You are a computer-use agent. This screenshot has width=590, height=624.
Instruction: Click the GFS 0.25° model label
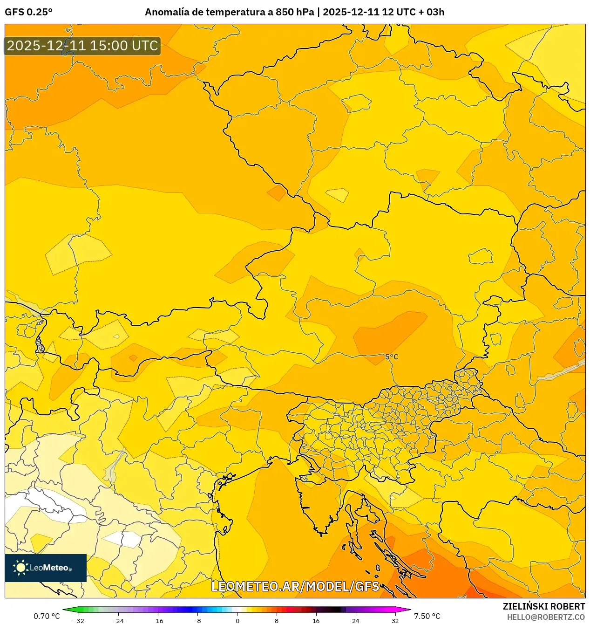tap(28, 12)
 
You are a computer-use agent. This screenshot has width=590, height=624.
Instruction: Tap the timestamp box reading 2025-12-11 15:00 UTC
tap(82, 46)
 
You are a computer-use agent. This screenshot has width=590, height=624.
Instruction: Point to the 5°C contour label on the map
tap(392, 357)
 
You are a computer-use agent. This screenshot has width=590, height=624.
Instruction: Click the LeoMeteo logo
tap(46, 568)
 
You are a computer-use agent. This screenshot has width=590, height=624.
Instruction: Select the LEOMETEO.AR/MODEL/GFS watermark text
tap(295, 586)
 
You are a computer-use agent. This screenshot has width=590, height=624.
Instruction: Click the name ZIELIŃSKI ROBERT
tap(543, 606)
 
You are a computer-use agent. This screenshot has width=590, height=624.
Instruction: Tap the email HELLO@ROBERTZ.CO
tap(546, 617)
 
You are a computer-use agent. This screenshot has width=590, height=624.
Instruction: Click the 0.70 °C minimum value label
tap(47, 616)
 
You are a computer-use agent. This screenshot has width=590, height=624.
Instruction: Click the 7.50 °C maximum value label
tap(427, 616)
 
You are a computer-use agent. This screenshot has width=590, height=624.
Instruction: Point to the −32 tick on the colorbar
tap(79, 620)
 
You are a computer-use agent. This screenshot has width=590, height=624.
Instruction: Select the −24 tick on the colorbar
tap(118, 620)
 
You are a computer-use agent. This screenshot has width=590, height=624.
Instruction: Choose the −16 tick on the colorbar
tap(158, 620)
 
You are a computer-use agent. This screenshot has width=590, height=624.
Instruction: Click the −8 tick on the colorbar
tap(197, 620)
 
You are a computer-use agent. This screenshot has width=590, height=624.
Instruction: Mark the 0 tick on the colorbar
tap(237, 620)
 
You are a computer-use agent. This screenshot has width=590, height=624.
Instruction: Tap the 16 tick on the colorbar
tap(316, 620)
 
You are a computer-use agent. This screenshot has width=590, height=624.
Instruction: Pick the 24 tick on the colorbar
tap(356, 620)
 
